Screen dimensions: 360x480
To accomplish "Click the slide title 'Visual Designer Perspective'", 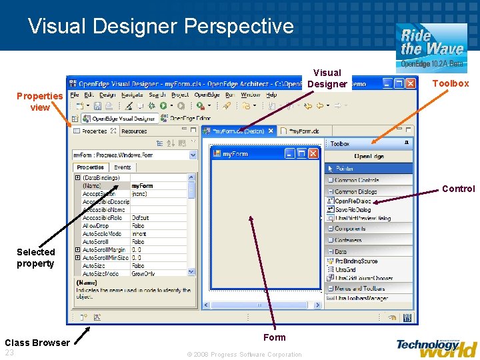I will point(161,26).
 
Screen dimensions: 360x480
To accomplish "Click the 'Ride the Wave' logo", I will point(431,47).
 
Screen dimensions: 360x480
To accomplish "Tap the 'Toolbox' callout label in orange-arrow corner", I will point(451,83).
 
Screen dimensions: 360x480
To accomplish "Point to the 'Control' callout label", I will point(458,189).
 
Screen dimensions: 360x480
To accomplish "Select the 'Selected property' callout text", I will point(36,257).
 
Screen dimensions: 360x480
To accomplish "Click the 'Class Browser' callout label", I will point(37,343).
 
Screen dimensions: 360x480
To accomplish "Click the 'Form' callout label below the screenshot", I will point(274,337).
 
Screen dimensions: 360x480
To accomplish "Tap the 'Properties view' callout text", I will point(40,101).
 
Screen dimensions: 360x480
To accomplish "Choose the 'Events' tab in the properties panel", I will point(123,167).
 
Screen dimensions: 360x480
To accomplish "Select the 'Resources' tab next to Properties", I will point(134,131).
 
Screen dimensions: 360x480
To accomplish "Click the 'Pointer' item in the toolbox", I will point(345,169).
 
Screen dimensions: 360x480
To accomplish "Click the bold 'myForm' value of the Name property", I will point(142,186).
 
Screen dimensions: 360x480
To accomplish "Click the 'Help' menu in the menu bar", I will point(271,95).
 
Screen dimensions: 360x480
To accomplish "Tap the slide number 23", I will point(9,353).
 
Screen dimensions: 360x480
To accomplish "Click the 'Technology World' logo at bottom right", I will point(436,347).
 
